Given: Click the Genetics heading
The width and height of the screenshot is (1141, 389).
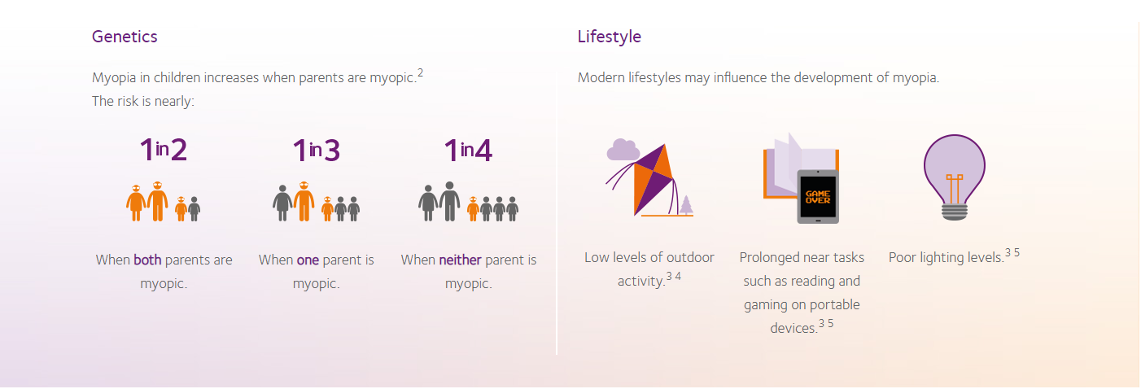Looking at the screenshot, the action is click(125, 37).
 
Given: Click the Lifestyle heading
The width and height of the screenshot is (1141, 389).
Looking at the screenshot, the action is click(610, 37).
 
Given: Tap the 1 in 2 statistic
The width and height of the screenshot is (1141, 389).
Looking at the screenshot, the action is click(164, 150).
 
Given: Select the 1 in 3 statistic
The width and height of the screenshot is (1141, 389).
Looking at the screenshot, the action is click(317, 151).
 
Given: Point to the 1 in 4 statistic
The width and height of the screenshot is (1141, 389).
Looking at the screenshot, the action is click(468, 151).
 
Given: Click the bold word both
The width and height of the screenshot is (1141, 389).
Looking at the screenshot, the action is click(147, 260).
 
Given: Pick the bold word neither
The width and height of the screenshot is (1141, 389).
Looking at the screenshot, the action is click(460, 260).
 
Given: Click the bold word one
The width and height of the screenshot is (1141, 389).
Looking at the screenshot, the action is click(308, 260).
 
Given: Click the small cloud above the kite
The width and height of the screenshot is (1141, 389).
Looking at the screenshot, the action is click(623, 150).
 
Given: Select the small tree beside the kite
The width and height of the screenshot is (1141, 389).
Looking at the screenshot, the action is click(686, 205).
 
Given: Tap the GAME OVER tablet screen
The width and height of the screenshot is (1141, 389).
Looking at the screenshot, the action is click(818, 197).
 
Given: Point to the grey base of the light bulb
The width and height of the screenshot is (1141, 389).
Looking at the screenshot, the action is click(954, 212).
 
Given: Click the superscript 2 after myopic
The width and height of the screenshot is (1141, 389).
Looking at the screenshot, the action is click(420, 72).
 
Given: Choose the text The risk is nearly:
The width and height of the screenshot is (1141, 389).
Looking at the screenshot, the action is click(143, 101).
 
